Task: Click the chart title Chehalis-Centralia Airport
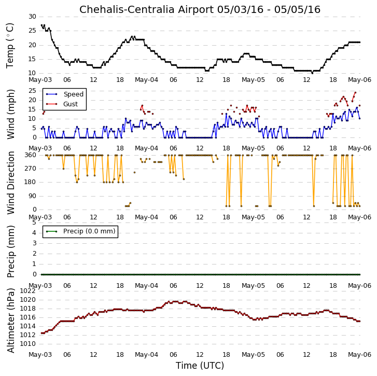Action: [x=146, y=10]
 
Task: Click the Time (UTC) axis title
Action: [x=200, y=366]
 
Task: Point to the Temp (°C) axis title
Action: [x=10, y=46]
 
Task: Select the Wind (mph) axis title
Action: [x=11, y=114]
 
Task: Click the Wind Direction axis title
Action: [x=11, y=183]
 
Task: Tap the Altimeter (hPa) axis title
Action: [x=11, y=321]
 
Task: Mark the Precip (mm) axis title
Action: [x=11, y=252]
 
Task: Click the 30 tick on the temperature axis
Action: [x=32, y=17]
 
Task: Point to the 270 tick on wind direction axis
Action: [x=30, y=169]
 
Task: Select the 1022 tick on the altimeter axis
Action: [x=27, y=291]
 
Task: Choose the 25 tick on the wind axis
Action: [x=32, y=91]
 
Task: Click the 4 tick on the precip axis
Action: [x=34, y=233]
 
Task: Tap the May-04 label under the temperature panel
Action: [x=146, y=80]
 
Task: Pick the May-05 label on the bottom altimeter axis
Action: [x=253, y=354]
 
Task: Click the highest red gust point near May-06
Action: [x=355, y=92]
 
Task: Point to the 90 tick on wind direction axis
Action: [x=32, y=196]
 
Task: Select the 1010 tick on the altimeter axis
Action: [x=27, y=344]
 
